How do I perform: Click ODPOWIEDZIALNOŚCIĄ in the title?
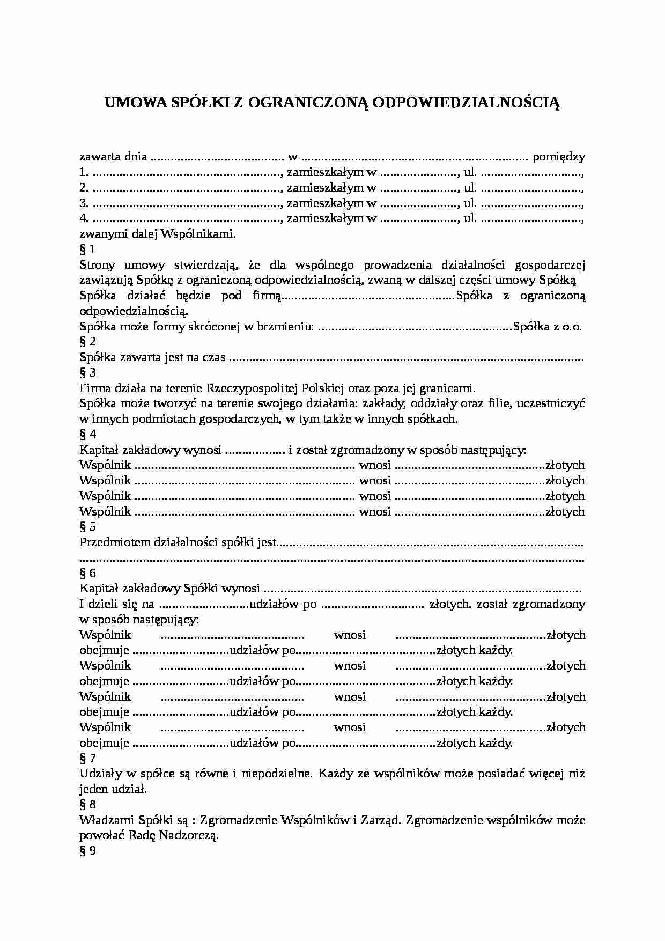tap(465, 102)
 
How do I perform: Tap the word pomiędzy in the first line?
tap(558, 157)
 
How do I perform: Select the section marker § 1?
tap(87, 249)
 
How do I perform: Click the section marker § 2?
tap(87, 342)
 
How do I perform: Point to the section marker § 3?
tap(87, 373)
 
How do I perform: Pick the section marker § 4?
tap(87, 435)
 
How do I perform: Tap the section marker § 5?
tap(87, 527)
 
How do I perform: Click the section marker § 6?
tap(87, 573)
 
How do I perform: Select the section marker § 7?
tap(87, 758)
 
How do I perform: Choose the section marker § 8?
tap(87, 804)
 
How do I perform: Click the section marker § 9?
tap(87, 851)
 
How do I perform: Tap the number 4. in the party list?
tap(84, 219)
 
